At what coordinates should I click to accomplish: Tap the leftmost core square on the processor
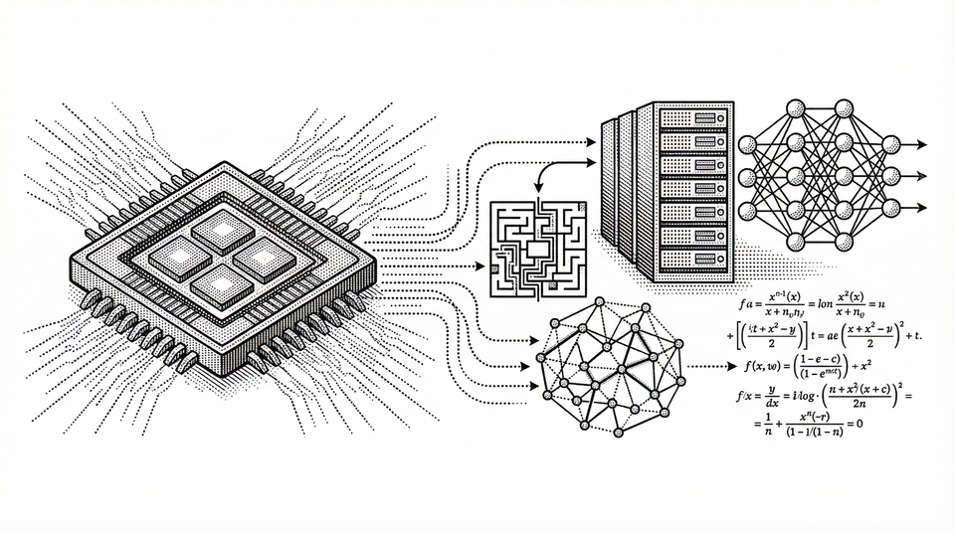coord(174,257)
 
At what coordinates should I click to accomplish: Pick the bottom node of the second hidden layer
coord(845,243)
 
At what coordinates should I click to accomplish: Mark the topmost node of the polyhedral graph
coord(597,301)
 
